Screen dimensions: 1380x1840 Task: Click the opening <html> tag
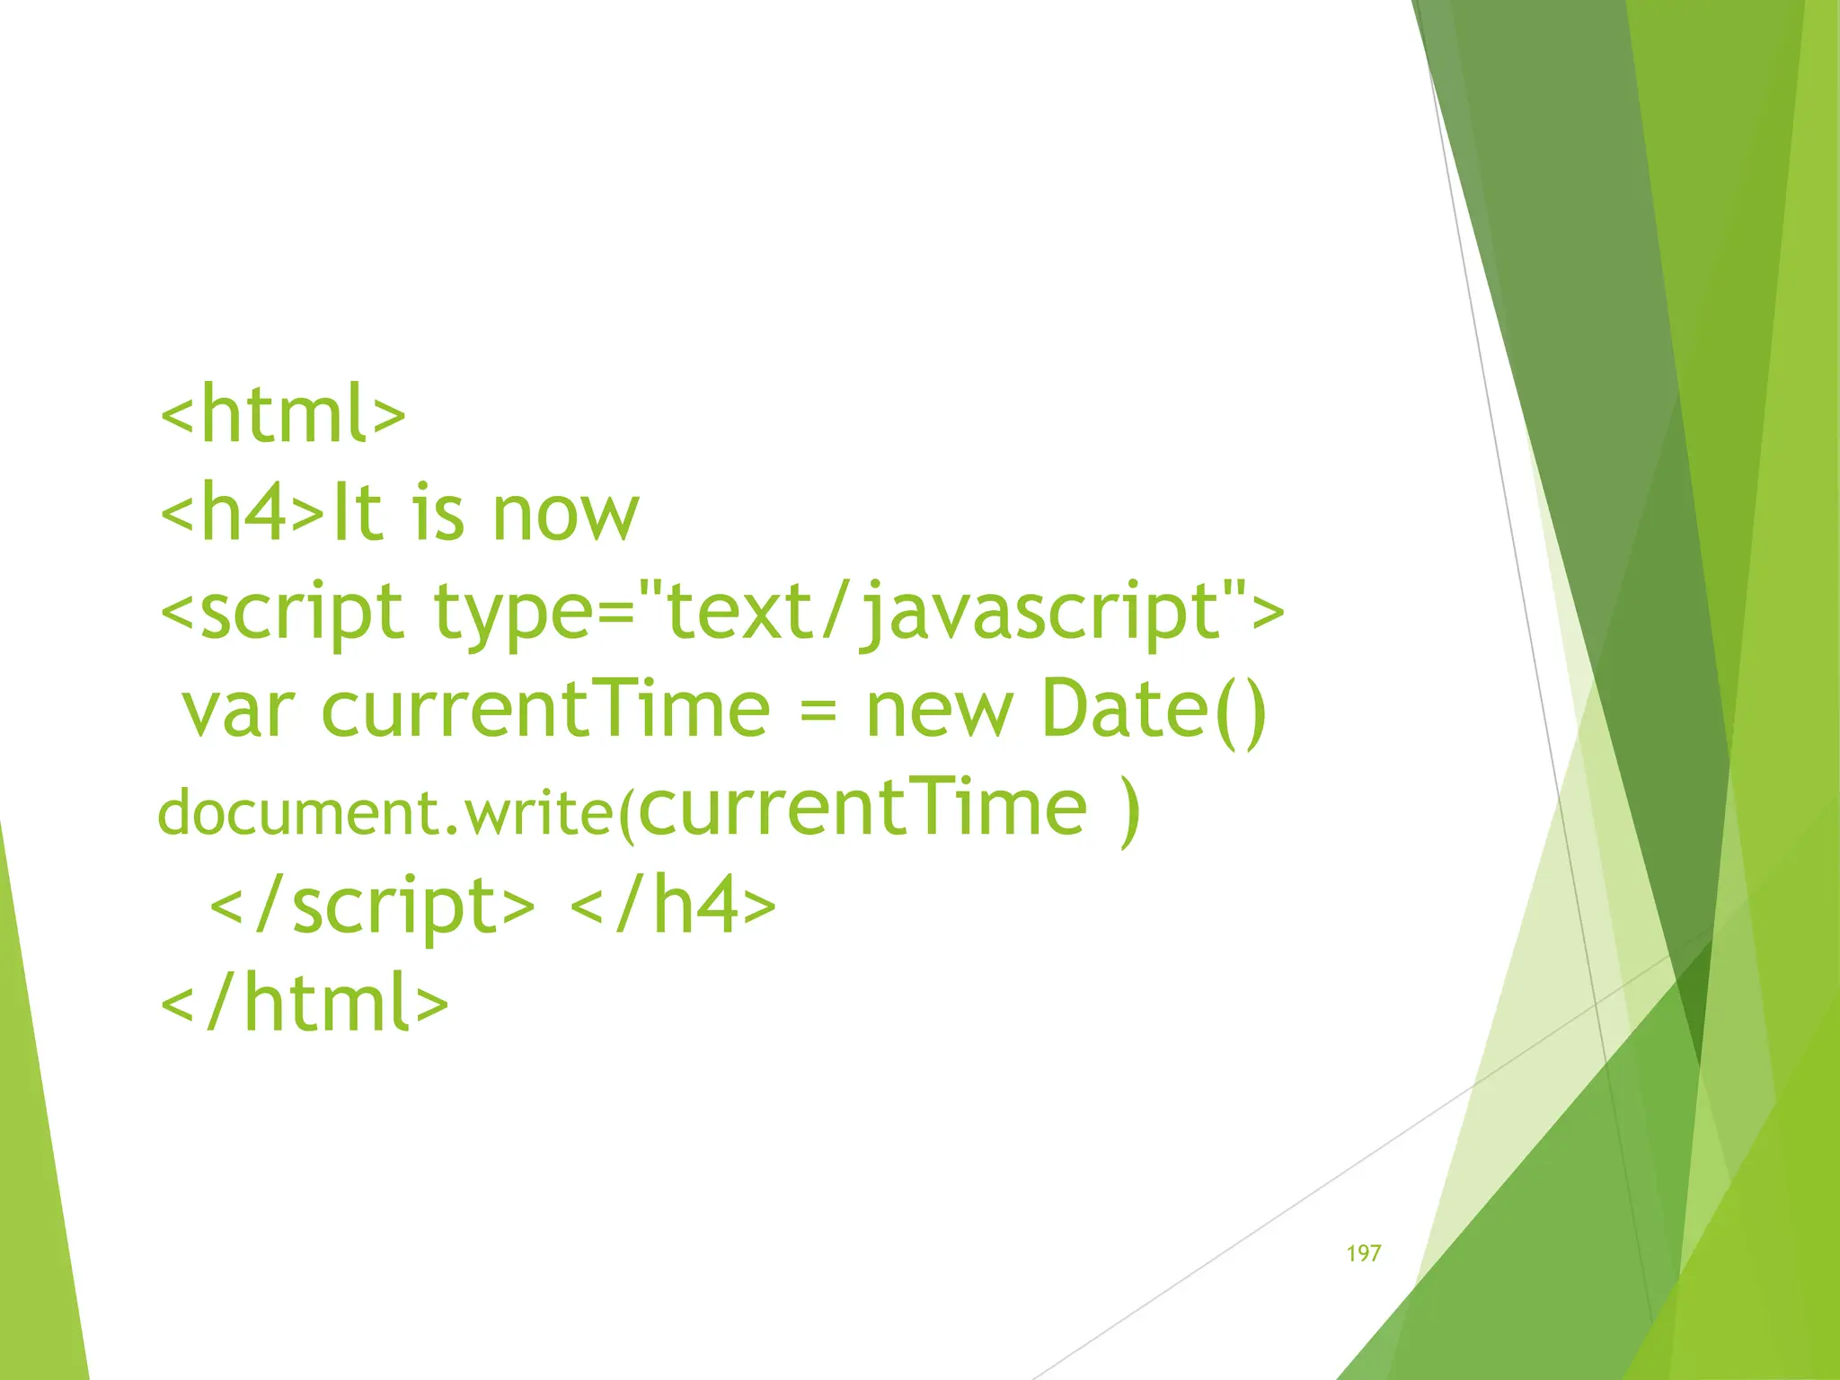point(283,415)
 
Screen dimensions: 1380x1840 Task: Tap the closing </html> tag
point(304,1004)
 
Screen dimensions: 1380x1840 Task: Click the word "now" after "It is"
point(565,514)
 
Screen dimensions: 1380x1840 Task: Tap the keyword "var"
point(238,711)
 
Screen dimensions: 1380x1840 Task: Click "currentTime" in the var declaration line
point(545,709)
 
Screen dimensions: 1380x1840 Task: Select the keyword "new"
point(939,711)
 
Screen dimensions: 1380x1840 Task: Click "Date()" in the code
point(1154,711)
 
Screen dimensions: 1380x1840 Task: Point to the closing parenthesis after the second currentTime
point(1130,810)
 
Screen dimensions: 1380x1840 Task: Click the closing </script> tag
point(372,907)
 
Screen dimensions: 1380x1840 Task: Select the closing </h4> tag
point(673,905)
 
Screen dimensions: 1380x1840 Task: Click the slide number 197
point(1363,1253)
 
